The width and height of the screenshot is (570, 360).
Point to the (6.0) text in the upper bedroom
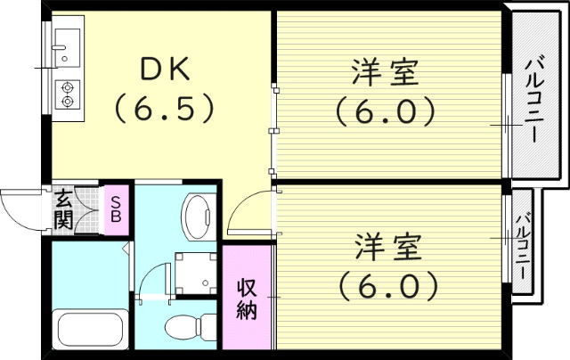pos(386,110)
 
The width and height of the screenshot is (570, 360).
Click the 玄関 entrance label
pos(63,209)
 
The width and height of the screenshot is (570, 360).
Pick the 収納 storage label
pos(247,299)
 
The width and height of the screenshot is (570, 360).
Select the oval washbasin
pos(198,213)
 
